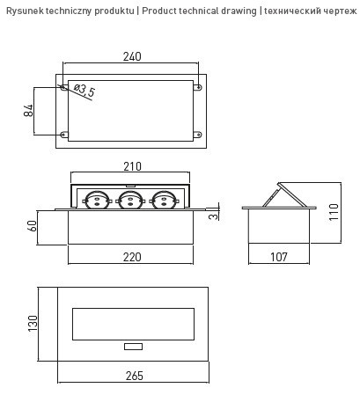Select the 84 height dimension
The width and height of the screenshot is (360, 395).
click(29, 111)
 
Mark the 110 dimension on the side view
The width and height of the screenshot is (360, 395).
click(333, 212)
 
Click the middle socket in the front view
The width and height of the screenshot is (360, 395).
click(129, 201)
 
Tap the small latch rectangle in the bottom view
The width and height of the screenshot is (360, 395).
click(132, 347)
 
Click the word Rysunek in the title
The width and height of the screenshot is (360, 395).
click(25, 10)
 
